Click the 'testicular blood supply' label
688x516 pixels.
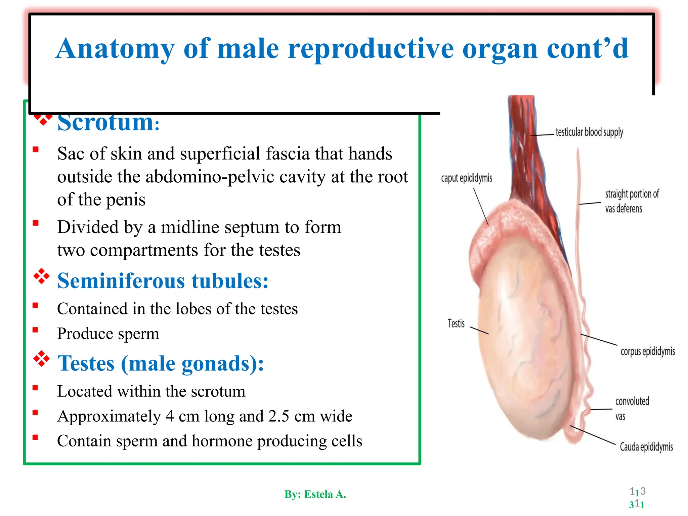point(589,132)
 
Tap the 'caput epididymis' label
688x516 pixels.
point(467,178)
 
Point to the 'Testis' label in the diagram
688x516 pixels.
point(456,324)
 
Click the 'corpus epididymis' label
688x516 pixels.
point(647,351)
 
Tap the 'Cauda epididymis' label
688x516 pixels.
point(646,447)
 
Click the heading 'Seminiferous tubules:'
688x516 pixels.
point(163,281)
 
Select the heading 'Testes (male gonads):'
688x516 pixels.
point(161,363)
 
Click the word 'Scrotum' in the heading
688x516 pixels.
point(105,122)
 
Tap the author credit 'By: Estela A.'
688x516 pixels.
point(315,494)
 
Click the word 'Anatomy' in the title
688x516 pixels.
point(115,49)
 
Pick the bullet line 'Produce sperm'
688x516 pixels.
point(108,334)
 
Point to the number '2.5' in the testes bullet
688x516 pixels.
point(278,416)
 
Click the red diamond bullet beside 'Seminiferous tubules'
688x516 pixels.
point(41,276)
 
